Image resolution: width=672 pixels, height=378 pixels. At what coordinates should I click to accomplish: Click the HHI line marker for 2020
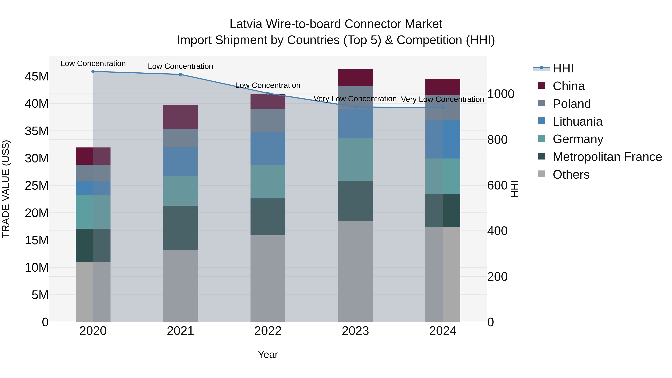point(93,71)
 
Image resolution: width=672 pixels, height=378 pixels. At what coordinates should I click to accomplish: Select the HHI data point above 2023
point(355,107)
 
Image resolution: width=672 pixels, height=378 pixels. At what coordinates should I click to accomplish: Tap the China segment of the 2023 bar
point(355,78)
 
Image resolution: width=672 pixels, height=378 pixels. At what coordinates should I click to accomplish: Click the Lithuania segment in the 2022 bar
point(268,148)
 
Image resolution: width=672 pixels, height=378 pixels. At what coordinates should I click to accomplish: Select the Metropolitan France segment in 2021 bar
point(180,228)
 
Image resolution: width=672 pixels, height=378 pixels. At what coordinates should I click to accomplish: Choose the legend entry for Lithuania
point(577,122)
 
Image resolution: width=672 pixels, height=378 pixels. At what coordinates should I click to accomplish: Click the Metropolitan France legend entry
point(607,157)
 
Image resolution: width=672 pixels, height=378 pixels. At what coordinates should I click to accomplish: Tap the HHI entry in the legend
point(563,68)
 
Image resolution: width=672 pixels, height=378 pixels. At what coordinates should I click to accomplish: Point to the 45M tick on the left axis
point(37,76)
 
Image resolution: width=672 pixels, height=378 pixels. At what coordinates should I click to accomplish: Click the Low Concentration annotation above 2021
point(180,66)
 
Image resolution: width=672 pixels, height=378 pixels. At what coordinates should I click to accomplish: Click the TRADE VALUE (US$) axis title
point(6,189)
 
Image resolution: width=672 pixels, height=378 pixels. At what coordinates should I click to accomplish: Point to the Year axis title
point(268,354)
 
